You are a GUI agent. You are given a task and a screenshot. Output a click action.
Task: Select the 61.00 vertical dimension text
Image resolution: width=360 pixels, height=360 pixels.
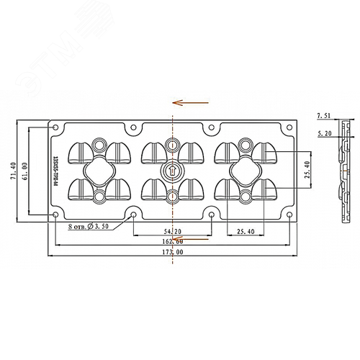point(27,171)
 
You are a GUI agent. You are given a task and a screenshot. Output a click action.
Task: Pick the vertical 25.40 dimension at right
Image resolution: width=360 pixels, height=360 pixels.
point(307,170)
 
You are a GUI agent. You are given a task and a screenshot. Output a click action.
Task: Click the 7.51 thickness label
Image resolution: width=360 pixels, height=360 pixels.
point(324,115)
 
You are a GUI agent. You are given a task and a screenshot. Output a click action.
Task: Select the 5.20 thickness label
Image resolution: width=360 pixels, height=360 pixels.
point(324,133)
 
